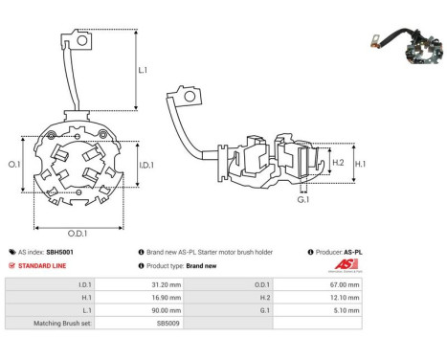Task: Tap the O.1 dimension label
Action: (x=14, y=165)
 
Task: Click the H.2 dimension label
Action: (x=338, y=162)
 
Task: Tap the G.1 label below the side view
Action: (x=302, y=200)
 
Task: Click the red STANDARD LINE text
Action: (x=44, y=265)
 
